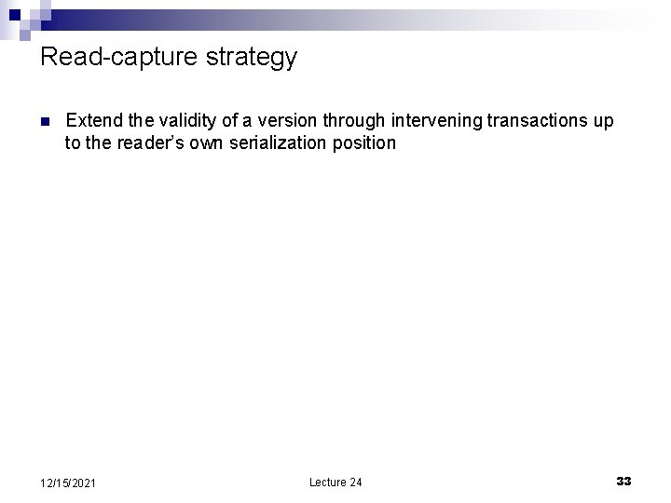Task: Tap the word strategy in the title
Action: [253, 58]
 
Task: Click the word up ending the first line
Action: [604, 120]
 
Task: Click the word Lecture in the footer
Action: [328, 482]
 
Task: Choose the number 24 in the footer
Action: [356, 482]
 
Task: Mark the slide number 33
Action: [623, 481]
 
